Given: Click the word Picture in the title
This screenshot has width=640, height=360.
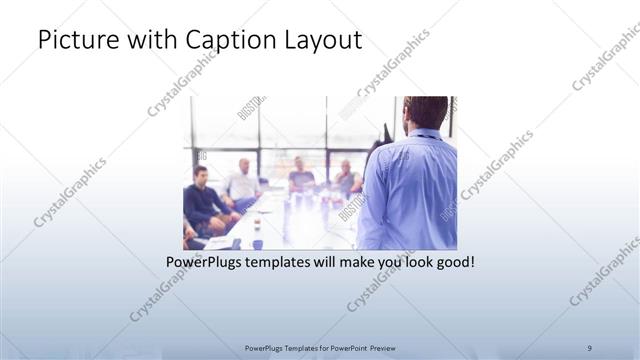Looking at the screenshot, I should pos(77,41).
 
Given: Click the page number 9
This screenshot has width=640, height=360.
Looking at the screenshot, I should pos(589,347).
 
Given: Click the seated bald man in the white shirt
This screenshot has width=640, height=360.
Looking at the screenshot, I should pos(242,180).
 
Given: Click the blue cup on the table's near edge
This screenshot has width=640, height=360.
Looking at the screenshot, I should pos(257,243).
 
